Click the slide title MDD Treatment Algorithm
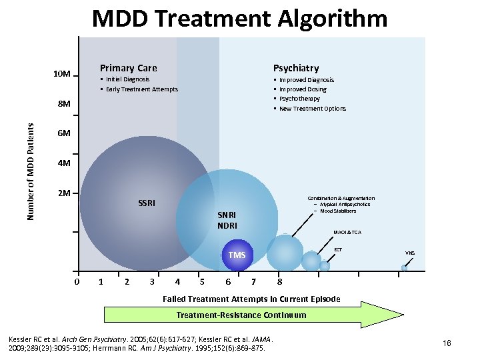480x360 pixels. click(239, 18)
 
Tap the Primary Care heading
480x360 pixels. click(128, 67)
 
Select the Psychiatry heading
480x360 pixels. click(296, 67)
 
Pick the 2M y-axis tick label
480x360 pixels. click(64, 193)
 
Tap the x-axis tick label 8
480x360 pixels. click(280, 281)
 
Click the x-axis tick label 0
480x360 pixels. click(77, 281)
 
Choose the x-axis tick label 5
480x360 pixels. click(202, 281)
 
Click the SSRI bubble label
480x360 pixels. click(147, 203)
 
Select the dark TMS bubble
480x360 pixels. click(237, 255)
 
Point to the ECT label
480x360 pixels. click(338, 249)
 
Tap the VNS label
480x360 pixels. click(410, 253)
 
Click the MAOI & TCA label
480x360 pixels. click(347, 233)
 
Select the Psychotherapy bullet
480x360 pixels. click(299, 99)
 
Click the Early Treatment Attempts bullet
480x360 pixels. click(141, 89)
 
